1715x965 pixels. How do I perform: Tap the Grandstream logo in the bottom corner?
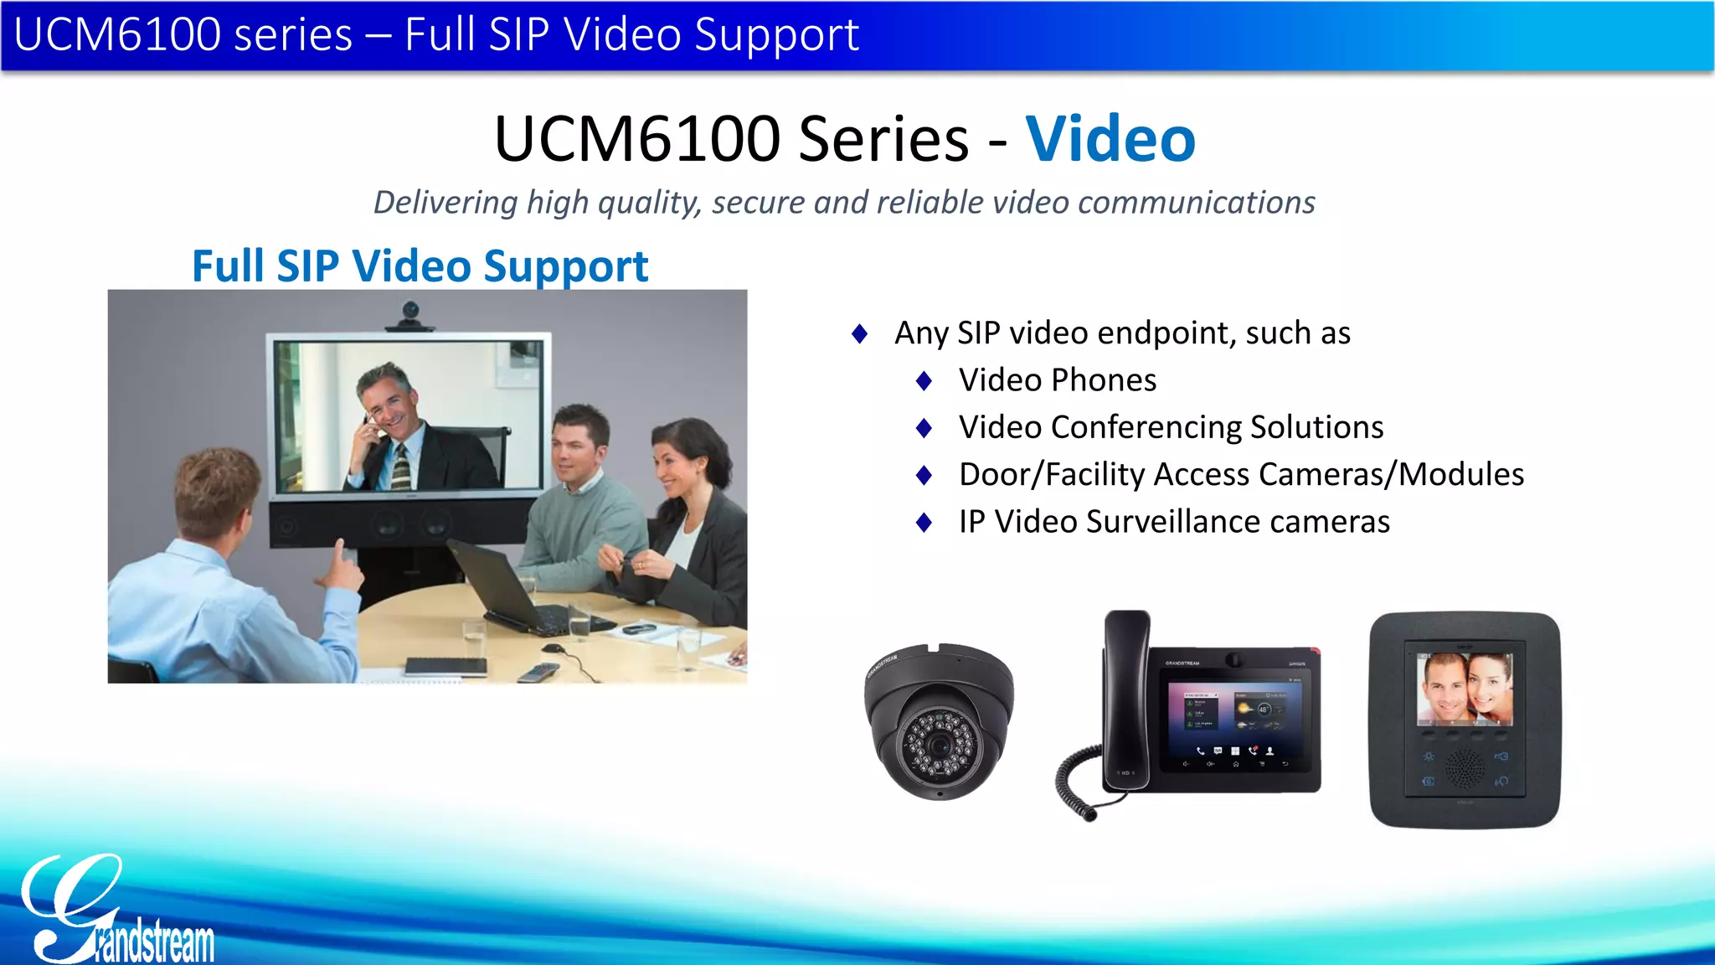117,913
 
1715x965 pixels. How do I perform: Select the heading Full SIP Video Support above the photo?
420,266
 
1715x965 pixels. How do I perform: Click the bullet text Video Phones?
1057,380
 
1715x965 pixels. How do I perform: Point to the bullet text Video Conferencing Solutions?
1171,427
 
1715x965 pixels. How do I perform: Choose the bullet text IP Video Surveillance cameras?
1174,522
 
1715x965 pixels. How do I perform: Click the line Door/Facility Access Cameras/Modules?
1241,474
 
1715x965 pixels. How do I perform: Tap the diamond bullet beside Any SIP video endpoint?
859,334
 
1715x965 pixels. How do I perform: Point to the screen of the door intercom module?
1464,689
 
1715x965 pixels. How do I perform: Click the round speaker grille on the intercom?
1465,766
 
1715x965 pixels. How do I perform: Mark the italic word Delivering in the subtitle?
445,203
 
